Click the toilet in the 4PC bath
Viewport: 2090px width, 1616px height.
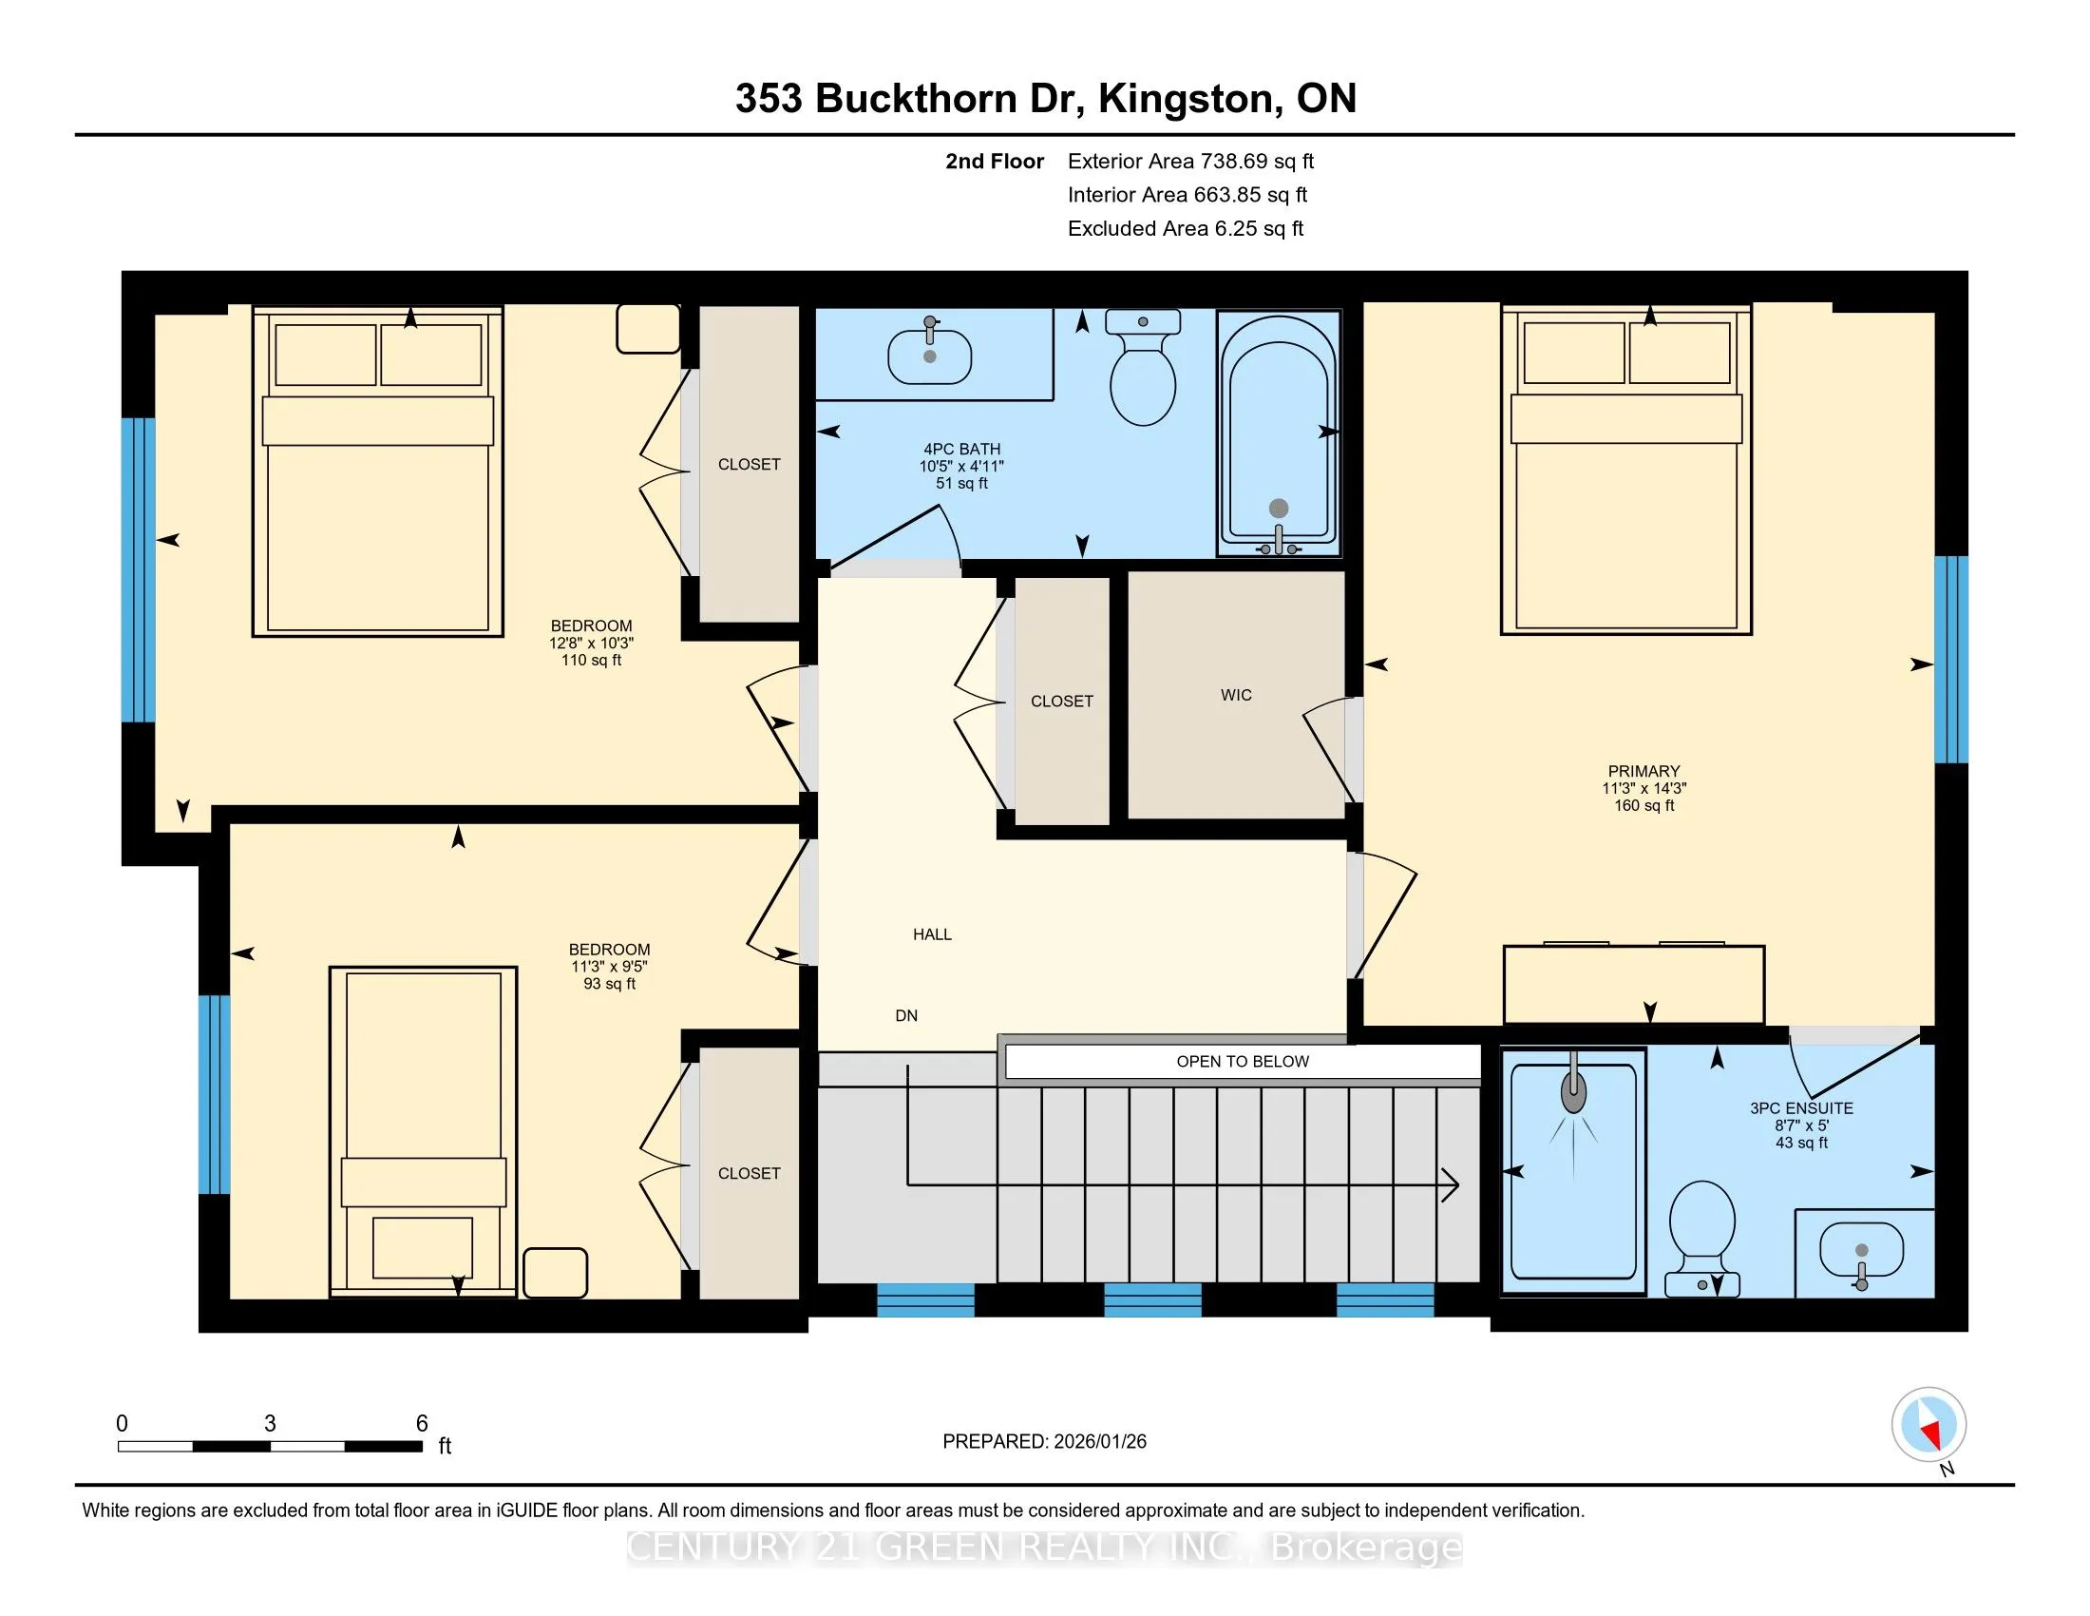click(x=1142, y=369)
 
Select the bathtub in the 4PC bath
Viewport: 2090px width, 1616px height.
click(x=1278, y=433)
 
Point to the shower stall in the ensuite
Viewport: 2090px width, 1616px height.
click(x=1572, y=1171)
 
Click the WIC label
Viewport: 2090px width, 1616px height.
click(x=1235, y=695)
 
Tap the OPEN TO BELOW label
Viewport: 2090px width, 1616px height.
click(x=1243, y=1061)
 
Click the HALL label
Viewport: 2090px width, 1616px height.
click(x=932, y=934)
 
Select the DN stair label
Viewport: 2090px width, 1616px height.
click(x=906, y=1016)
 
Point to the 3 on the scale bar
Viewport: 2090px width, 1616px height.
click(x=270, y=1424)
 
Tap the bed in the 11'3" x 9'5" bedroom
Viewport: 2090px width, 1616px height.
click(x=423, y=1131)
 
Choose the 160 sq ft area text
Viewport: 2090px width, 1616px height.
click(x=1644, y=806)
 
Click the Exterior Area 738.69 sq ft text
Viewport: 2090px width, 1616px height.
click(x=1190, y=161)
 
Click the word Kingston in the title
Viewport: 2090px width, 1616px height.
click(x=1187, y=99)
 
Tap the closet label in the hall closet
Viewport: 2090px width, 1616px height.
click(x=1061, y=702)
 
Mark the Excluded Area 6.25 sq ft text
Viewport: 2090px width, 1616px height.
click(x=1186, y=228)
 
